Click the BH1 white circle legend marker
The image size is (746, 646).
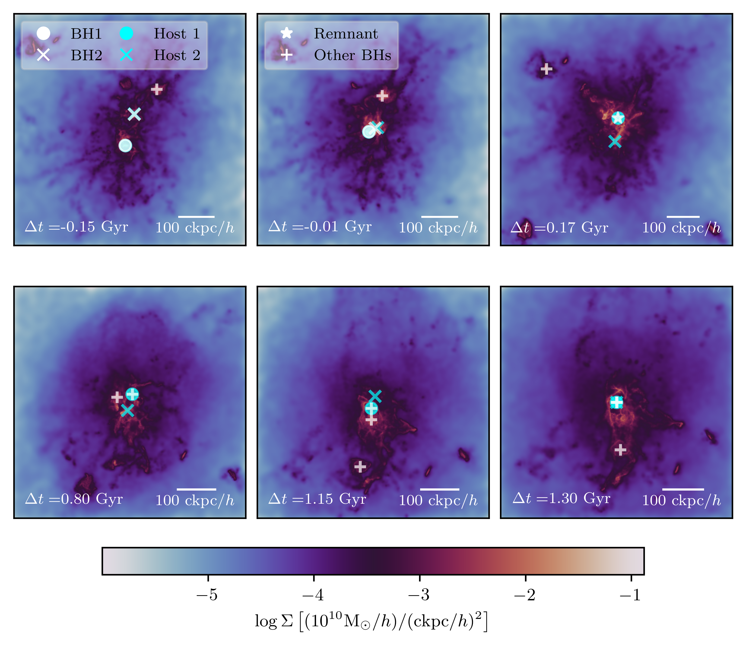43,34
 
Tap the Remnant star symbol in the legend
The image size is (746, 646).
287,33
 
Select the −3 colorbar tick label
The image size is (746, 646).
419,595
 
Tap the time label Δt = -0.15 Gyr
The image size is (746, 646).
76,227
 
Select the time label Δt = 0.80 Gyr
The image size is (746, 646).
74,499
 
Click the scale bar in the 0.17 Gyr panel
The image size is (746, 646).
683,217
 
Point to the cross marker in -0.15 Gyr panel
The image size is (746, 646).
134,114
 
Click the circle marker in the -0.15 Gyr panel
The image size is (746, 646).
125,145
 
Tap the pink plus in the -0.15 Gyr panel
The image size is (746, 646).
156,89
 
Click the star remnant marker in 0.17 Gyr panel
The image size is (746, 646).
618,117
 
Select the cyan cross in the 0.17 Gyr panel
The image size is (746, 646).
615,141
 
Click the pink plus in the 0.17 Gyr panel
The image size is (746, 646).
547,69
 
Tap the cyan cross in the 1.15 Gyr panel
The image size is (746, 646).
375,396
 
